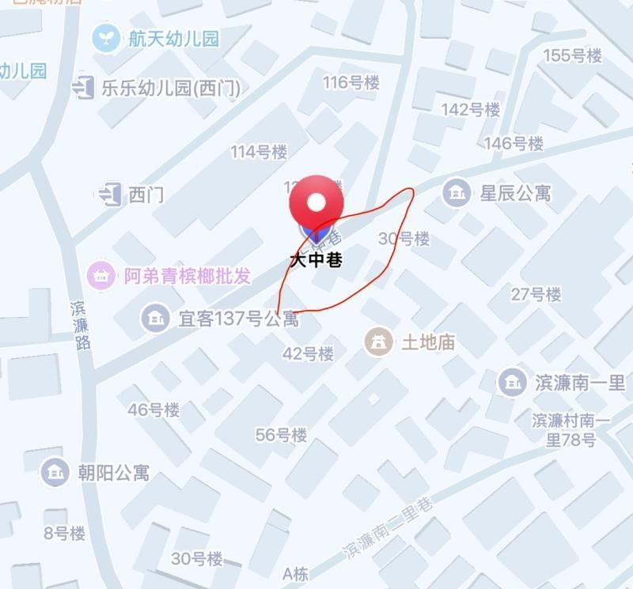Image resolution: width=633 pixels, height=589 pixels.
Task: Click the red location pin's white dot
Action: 316,202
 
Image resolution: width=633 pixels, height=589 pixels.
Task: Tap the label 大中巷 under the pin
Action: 316,259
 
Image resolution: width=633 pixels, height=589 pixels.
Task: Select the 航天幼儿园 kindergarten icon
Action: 106,38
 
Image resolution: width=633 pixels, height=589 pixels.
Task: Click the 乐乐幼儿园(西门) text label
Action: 170,87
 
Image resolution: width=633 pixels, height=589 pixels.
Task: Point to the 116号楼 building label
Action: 351,82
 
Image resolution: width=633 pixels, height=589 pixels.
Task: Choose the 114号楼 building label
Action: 259,152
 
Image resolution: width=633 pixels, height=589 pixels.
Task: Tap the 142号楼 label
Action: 471,109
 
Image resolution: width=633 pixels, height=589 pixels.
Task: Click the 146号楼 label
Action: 514,143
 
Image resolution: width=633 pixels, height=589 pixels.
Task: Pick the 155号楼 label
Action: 573,55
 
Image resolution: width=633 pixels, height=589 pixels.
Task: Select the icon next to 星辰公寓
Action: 456,192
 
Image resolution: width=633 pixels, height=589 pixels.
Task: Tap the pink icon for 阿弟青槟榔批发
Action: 101,276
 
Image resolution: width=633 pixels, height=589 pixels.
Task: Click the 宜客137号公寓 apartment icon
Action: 155,318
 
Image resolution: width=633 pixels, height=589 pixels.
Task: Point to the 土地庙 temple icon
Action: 378,342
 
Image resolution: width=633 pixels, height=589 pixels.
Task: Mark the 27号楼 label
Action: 536,294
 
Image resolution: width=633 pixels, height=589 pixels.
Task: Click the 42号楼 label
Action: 309,353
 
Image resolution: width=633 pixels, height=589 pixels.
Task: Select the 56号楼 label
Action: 281,435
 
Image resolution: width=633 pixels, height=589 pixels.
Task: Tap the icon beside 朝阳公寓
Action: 55,472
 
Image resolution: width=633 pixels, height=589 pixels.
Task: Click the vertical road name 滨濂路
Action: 80,324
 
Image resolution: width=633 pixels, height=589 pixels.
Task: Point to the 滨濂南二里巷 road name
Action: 389,529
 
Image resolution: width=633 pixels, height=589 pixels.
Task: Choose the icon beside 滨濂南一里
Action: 512,383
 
